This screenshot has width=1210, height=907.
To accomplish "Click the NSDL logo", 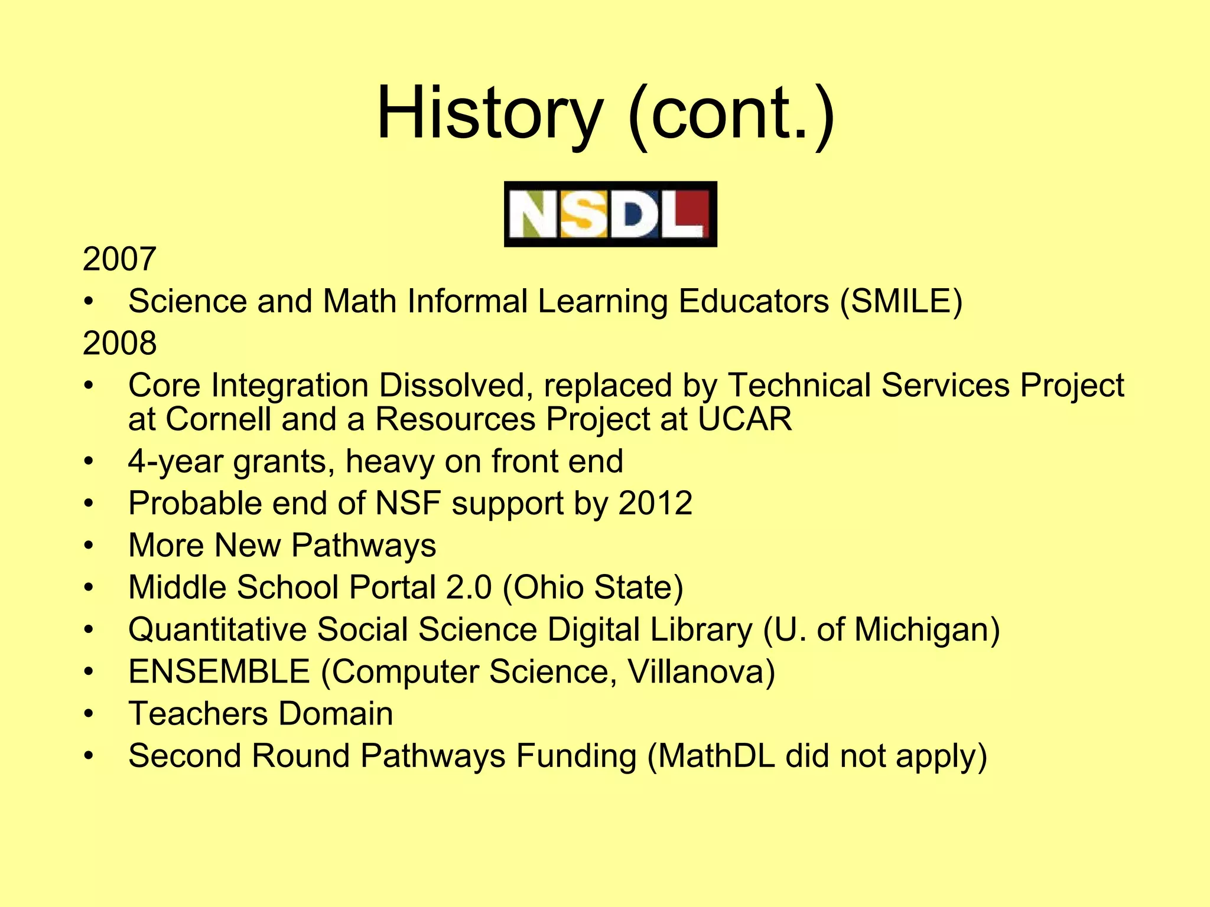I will coord(610,214).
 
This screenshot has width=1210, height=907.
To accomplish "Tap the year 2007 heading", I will coord(119,259).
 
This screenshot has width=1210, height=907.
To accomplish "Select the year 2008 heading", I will coord(119,343).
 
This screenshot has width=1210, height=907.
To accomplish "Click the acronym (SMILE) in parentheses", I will coord(901,301).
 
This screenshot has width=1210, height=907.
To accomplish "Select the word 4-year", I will coord(175,462).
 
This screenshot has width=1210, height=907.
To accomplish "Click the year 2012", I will coord(655,504).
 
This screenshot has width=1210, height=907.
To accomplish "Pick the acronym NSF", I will coord(408,504).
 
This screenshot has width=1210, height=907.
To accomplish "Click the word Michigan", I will coord(926,629).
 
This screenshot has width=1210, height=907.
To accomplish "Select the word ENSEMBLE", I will coord(219,672).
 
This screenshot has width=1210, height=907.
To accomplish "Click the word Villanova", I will coord(701,672).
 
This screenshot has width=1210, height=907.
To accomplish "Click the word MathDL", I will coord(717,756).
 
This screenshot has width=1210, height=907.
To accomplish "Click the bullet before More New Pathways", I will coord(89,546).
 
